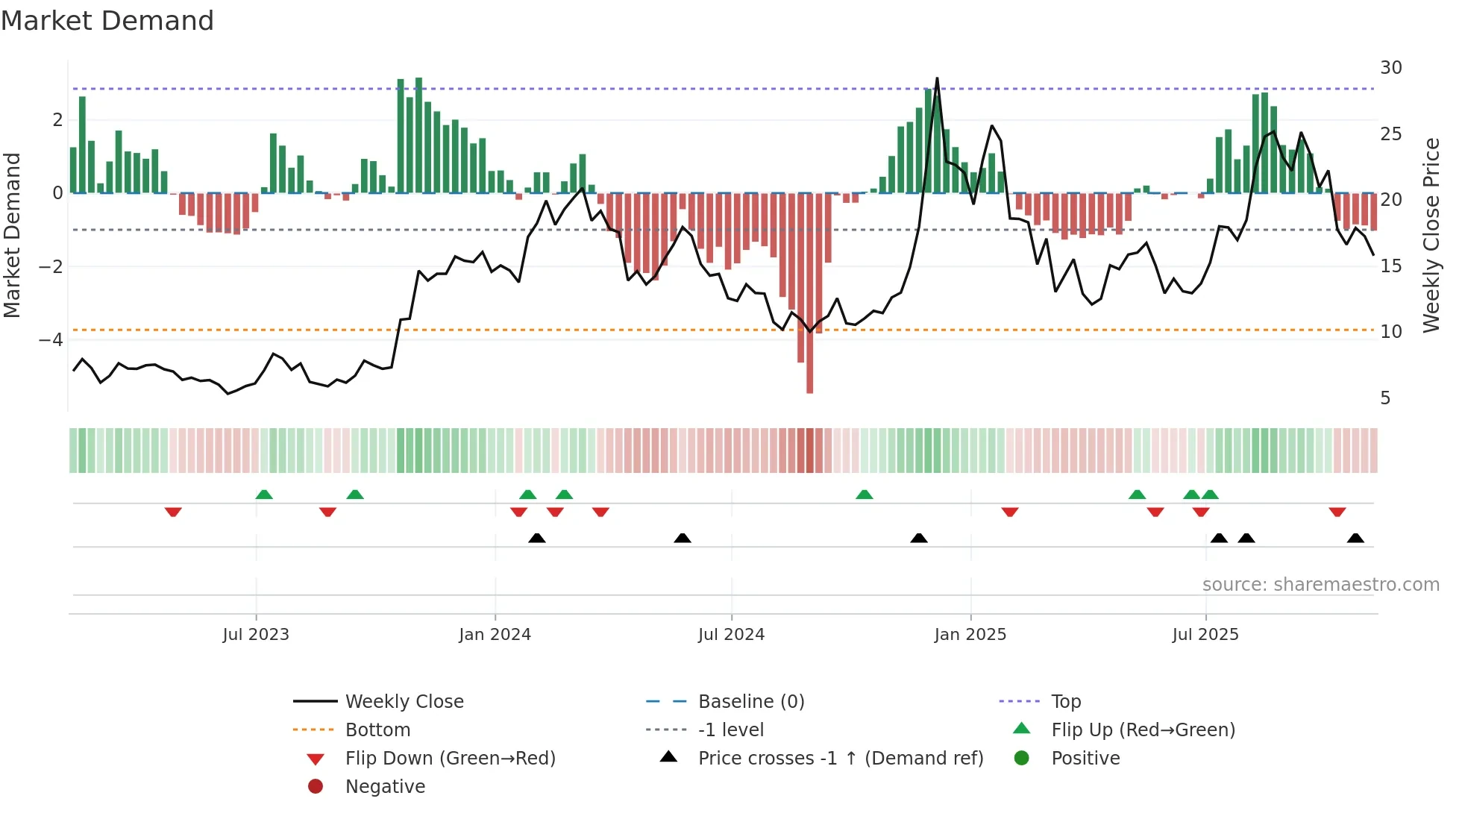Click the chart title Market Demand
pyautogui.click(x=107, y=21)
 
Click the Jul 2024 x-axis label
pyautogui.click(x=731, y=635)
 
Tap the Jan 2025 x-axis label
pyautogui.click(x=970, y=635)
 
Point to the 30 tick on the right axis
pyautogui.click(x=1390, y=68)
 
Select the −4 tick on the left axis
pyautogui.click(x=51, y=340)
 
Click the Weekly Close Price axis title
pyautogui.click(x=1431, y=235)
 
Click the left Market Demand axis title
pyautogui.click(x=12, y=235)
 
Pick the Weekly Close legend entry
pyautogui.click(x=404, y=702)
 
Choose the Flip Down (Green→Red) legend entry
pyautogui.click(x=450, y=759)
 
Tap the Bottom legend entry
pyautogui.click(x=377, y=730)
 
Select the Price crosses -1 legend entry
pyautogui.click(x=840, y=759)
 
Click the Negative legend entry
pyautogui.click(x=385, y=787)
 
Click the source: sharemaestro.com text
pyautogui.click(x=1320, y=585)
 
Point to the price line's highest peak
pyautogui.click(x=937, y=79)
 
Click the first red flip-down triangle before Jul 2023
pyautogui.click(x=173, y=512)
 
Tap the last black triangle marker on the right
pyautogui.click(x=1355, y=538)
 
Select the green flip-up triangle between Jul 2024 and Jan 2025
pyautogui.click(x=864, y=495)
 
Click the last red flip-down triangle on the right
pyautogui.click(x=1337, y=512)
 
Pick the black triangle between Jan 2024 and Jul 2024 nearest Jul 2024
pyautogui.click(x=682, y=538)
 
